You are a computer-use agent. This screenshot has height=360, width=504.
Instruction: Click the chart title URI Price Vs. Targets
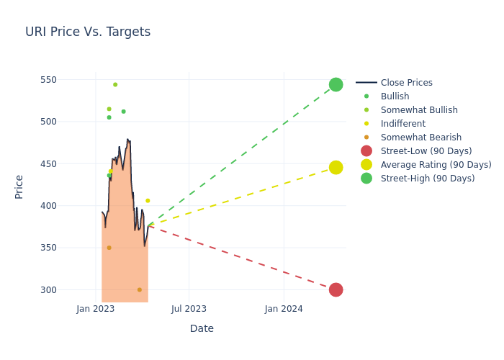click(88, 32)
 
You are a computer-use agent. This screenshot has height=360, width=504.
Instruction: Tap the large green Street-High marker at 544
click(336, 84)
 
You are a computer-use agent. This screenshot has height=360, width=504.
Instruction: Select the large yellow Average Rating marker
click(336, 167)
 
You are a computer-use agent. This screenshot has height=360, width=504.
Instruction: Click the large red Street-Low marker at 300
click(336, 289)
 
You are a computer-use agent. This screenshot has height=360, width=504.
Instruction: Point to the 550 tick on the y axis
click(67, 79)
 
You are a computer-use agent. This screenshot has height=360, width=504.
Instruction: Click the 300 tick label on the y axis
click(67, 289)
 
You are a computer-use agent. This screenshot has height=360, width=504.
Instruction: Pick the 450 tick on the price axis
click(67, 163)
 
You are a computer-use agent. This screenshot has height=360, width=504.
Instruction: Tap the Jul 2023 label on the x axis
click(189, 309)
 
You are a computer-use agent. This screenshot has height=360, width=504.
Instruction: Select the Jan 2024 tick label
click(284, 309)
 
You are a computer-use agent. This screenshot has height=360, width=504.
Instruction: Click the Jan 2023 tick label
click(96, 309)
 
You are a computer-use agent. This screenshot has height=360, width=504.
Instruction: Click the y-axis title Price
click(19, 186)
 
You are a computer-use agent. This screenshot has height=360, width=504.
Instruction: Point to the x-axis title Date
click(202, 328)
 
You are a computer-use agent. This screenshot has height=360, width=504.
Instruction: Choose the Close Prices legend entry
click(406, 83)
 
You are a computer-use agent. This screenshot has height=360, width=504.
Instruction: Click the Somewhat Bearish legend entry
click(420, 138)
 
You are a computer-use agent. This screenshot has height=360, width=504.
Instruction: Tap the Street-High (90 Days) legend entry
click(427, 179)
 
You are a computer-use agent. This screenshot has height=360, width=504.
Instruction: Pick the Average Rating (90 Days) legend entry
click(436, 165)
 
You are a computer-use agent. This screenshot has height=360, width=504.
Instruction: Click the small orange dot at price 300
click(140, 289)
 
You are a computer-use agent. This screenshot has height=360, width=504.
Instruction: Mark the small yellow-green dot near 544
click(115, 84)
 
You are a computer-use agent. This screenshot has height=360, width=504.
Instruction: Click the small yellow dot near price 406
click(148, 201)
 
